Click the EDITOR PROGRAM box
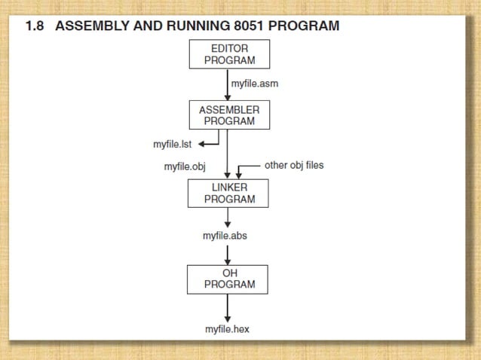pyautogui.click(x=228, y=54)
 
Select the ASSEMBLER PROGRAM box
pyautogui.click(x=228, y=114)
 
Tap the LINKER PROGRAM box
pyautogui.click(x=228, y=193)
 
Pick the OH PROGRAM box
pyautogui.click(x=228, y=279)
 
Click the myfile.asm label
pyautogui.click(x=254, y=84)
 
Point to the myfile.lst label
pyautogui.click(x=173, y=144)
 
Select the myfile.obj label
pyautogui.click(x=185, y=166)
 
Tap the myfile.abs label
pyautogui.click(x=225, y=236)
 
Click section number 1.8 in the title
pyautogui.click(x=35, y=26)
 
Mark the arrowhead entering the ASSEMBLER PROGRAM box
pyautogui.click(x=228, y=96)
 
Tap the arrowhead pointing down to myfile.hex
pyautogui.click(x=228, y=318)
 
